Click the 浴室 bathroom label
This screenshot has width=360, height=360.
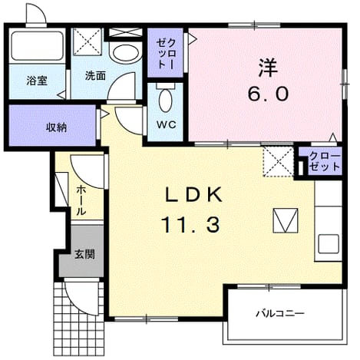37,81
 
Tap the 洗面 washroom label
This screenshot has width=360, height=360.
95,76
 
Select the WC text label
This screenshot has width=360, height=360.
167,124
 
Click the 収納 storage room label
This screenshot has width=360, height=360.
56,127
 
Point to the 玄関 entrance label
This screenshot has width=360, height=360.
84,254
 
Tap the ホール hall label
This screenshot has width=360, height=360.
81,200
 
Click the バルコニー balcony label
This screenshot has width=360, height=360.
280,313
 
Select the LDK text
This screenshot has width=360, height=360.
193,195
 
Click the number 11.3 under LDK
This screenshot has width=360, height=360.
191,225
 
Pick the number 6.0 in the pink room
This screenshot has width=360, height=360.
268,94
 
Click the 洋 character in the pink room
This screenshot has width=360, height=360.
268,68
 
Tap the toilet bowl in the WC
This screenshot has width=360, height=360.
165,97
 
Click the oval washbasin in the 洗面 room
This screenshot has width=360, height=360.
126,53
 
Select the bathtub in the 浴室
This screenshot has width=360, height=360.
37,46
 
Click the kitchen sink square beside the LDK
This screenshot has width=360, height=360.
329,244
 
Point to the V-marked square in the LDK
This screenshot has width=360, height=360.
286,220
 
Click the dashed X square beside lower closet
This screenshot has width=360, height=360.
279,162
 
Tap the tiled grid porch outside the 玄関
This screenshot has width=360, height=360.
79,319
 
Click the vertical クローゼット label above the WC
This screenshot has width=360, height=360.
166,53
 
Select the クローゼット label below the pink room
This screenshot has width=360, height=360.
325,162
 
